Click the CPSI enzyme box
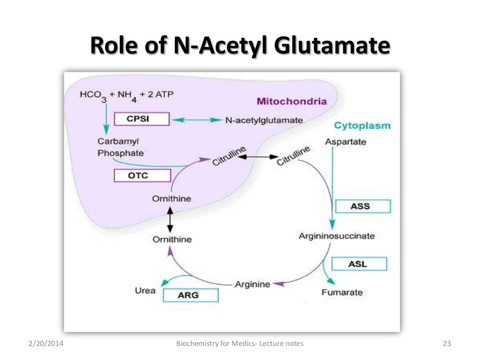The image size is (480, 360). pyautogui.click(x=141, y=119)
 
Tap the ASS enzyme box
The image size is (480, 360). pyautogui.click(x=363, y=206)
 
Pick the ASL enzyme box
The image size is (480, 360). pyautogui.click(x=359, y=264)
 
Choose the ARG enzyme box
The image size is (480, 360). pyautogui.click(x=191, y=295)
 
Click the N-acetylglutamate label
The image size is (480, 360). pyautogui.click(x=263, y=120)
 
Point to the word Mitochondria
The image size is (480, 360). pyautogui.click(x=291, y=101)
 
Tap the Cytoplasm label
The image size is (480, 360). pyautogui.click(x=362, y=126)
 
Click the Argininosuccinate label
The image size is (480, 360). pyautogui.click(x=337, y=236)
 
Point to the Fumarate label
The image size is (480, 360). pyautogui.click(x=342, y=292)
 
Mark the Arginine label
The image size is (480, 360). pyautogui.click(x=252, y=284)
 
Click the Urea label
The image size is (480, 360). pyautogui.click(x=145, y=291)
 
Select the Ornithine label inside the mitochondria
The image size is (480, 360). pyautogui.click(x=172, y=199)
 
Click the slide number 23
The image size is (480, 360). pyautogui.click(x=447, y=344)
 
